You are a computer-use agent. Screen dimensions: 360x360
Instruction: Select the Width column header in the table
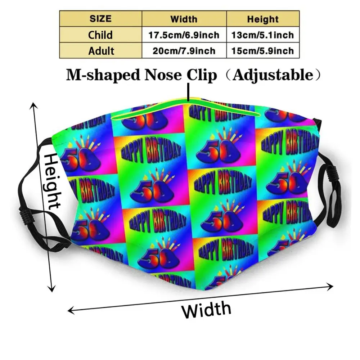pyautogui.click(x=184, y=19)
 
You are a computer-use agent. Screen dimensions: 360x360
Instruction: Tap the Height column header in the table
pyautogui.click(x=263, y=19)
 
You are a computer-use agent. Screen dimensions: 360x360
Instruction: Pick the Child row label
pyautogui.click(x=100, y=35)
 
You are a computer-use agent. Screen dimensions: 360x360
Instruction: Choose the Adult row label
pyautogui.click(x=100, y=50)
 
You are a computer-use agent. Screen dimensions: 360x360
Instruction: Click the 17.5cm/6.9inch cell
pyautogui.click(x=184, y=35)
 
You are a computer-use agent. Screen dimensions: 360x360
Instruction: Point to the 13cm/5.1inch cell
pyautogui.click(x=263, y=35)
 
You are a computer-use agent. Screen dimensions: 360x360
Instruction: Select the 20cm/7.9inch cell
pyautogui.click(x=184, y=50)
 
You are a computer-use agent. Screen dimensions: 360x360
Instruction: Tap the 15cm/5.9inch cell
pyautogui.click(x=263, y=50)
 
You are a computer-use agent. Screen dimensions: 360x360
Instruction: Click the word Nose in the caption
pyautogui.click(x=158, y=75)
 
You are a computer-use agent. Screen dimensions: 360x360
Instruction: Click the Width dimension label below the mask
pyautogui.click(x=206, y=309)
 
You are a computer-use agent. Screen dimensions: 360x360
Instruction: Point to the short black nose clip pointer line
pyautogui.click(x=188, y=91)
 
